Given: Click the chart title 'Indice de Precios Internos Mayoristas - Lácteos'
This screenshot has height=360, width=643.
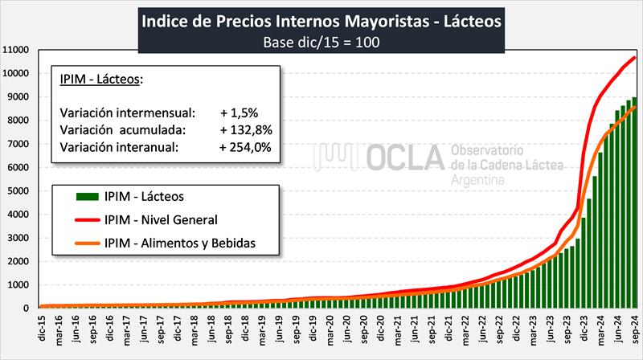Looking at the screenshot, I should coord(321,19).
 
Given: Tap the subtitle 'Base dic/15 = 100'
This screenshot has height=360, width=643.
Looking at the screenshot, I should coord(321,42).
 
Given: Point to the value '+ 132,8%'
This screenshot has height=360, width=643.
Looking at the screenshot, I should coord(246,129).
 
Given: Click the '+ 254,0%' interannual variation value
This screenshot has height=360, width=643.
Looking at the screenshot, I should coord(246,146).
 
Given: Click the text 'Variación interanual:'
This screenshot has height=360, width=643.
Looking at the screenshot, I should coord(118,146).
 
